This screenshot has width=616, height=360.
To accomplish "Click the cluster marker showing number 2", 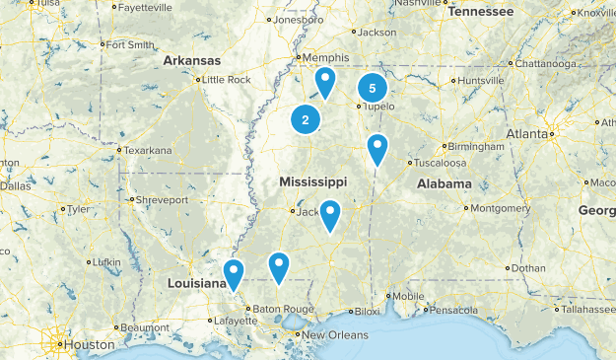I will coord(306,120).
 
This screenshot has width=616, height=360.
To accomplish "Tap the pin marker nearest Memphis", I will coord(324,81).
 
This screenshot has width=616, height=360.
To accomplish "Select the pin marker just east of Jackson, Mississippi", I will coord(329,213).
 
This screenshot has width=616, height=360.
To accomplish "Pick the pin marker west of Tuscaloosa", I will coord(376,148).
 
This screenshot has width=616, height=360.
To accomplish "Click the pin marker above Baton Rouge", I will coord(279,265).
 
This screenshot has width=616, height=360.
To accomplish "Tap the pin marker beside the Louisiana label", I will coord(234,272).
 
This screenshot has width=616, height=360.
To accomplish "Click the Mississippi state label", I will coord(312,182).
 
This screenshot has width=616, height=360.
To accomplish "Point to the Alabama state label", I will coord(445,184).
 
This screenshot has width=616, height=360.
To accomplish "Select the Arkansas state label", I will coord(192,61).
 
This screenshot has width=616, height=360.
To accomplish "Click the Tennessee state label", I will coord(481,12).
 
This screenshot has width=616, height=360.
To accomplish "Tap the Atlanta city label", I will coord(528,133).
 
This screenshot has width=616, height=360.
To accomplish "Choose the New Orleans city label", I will coord(335,335).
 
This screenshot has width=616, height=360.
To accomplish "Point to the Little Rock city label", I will coord(227,80).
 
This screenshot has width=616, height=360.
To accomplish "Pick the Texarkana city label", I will coord(147,150).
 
